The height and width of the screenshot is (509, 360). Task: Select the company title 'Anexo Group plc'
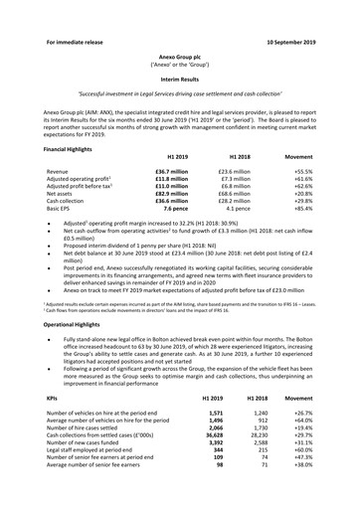coord(179,32)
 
